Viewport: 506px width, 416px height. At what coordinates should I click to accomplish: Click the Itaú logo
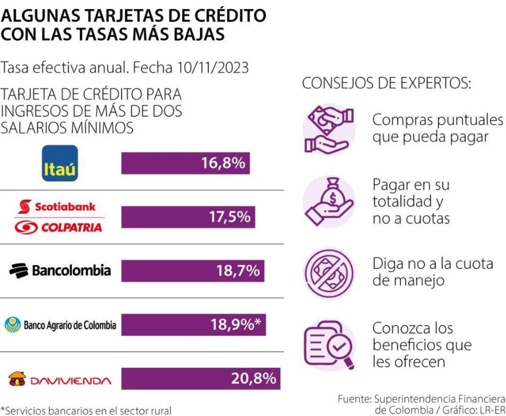[x=60, y=163]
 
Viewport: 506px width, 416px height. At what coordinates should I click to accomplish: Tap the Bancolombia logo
[x=60, y=270]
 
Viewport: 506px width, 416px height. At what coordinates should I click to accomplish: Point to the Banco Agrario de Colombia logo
[x=60, y=325]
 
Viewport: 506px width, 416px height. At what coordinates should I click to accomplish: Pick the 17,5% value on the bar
[x=229, y=217]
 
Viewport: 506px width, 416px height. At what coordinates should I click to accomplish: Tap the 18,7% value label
[x=238, y=271]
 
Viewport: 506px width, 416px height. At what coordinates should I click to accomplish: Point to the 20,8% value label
[x=253, y=379]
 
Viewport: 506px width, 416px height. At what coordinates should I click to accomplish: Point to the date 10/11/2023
[x=213, y=68]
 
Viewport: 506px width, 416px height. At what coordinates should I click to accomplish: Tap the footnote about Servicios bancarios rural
[x=86, y=410]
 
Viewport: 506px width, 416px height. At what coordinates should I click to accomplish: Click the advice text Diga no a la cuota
[x=432, y=264]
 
